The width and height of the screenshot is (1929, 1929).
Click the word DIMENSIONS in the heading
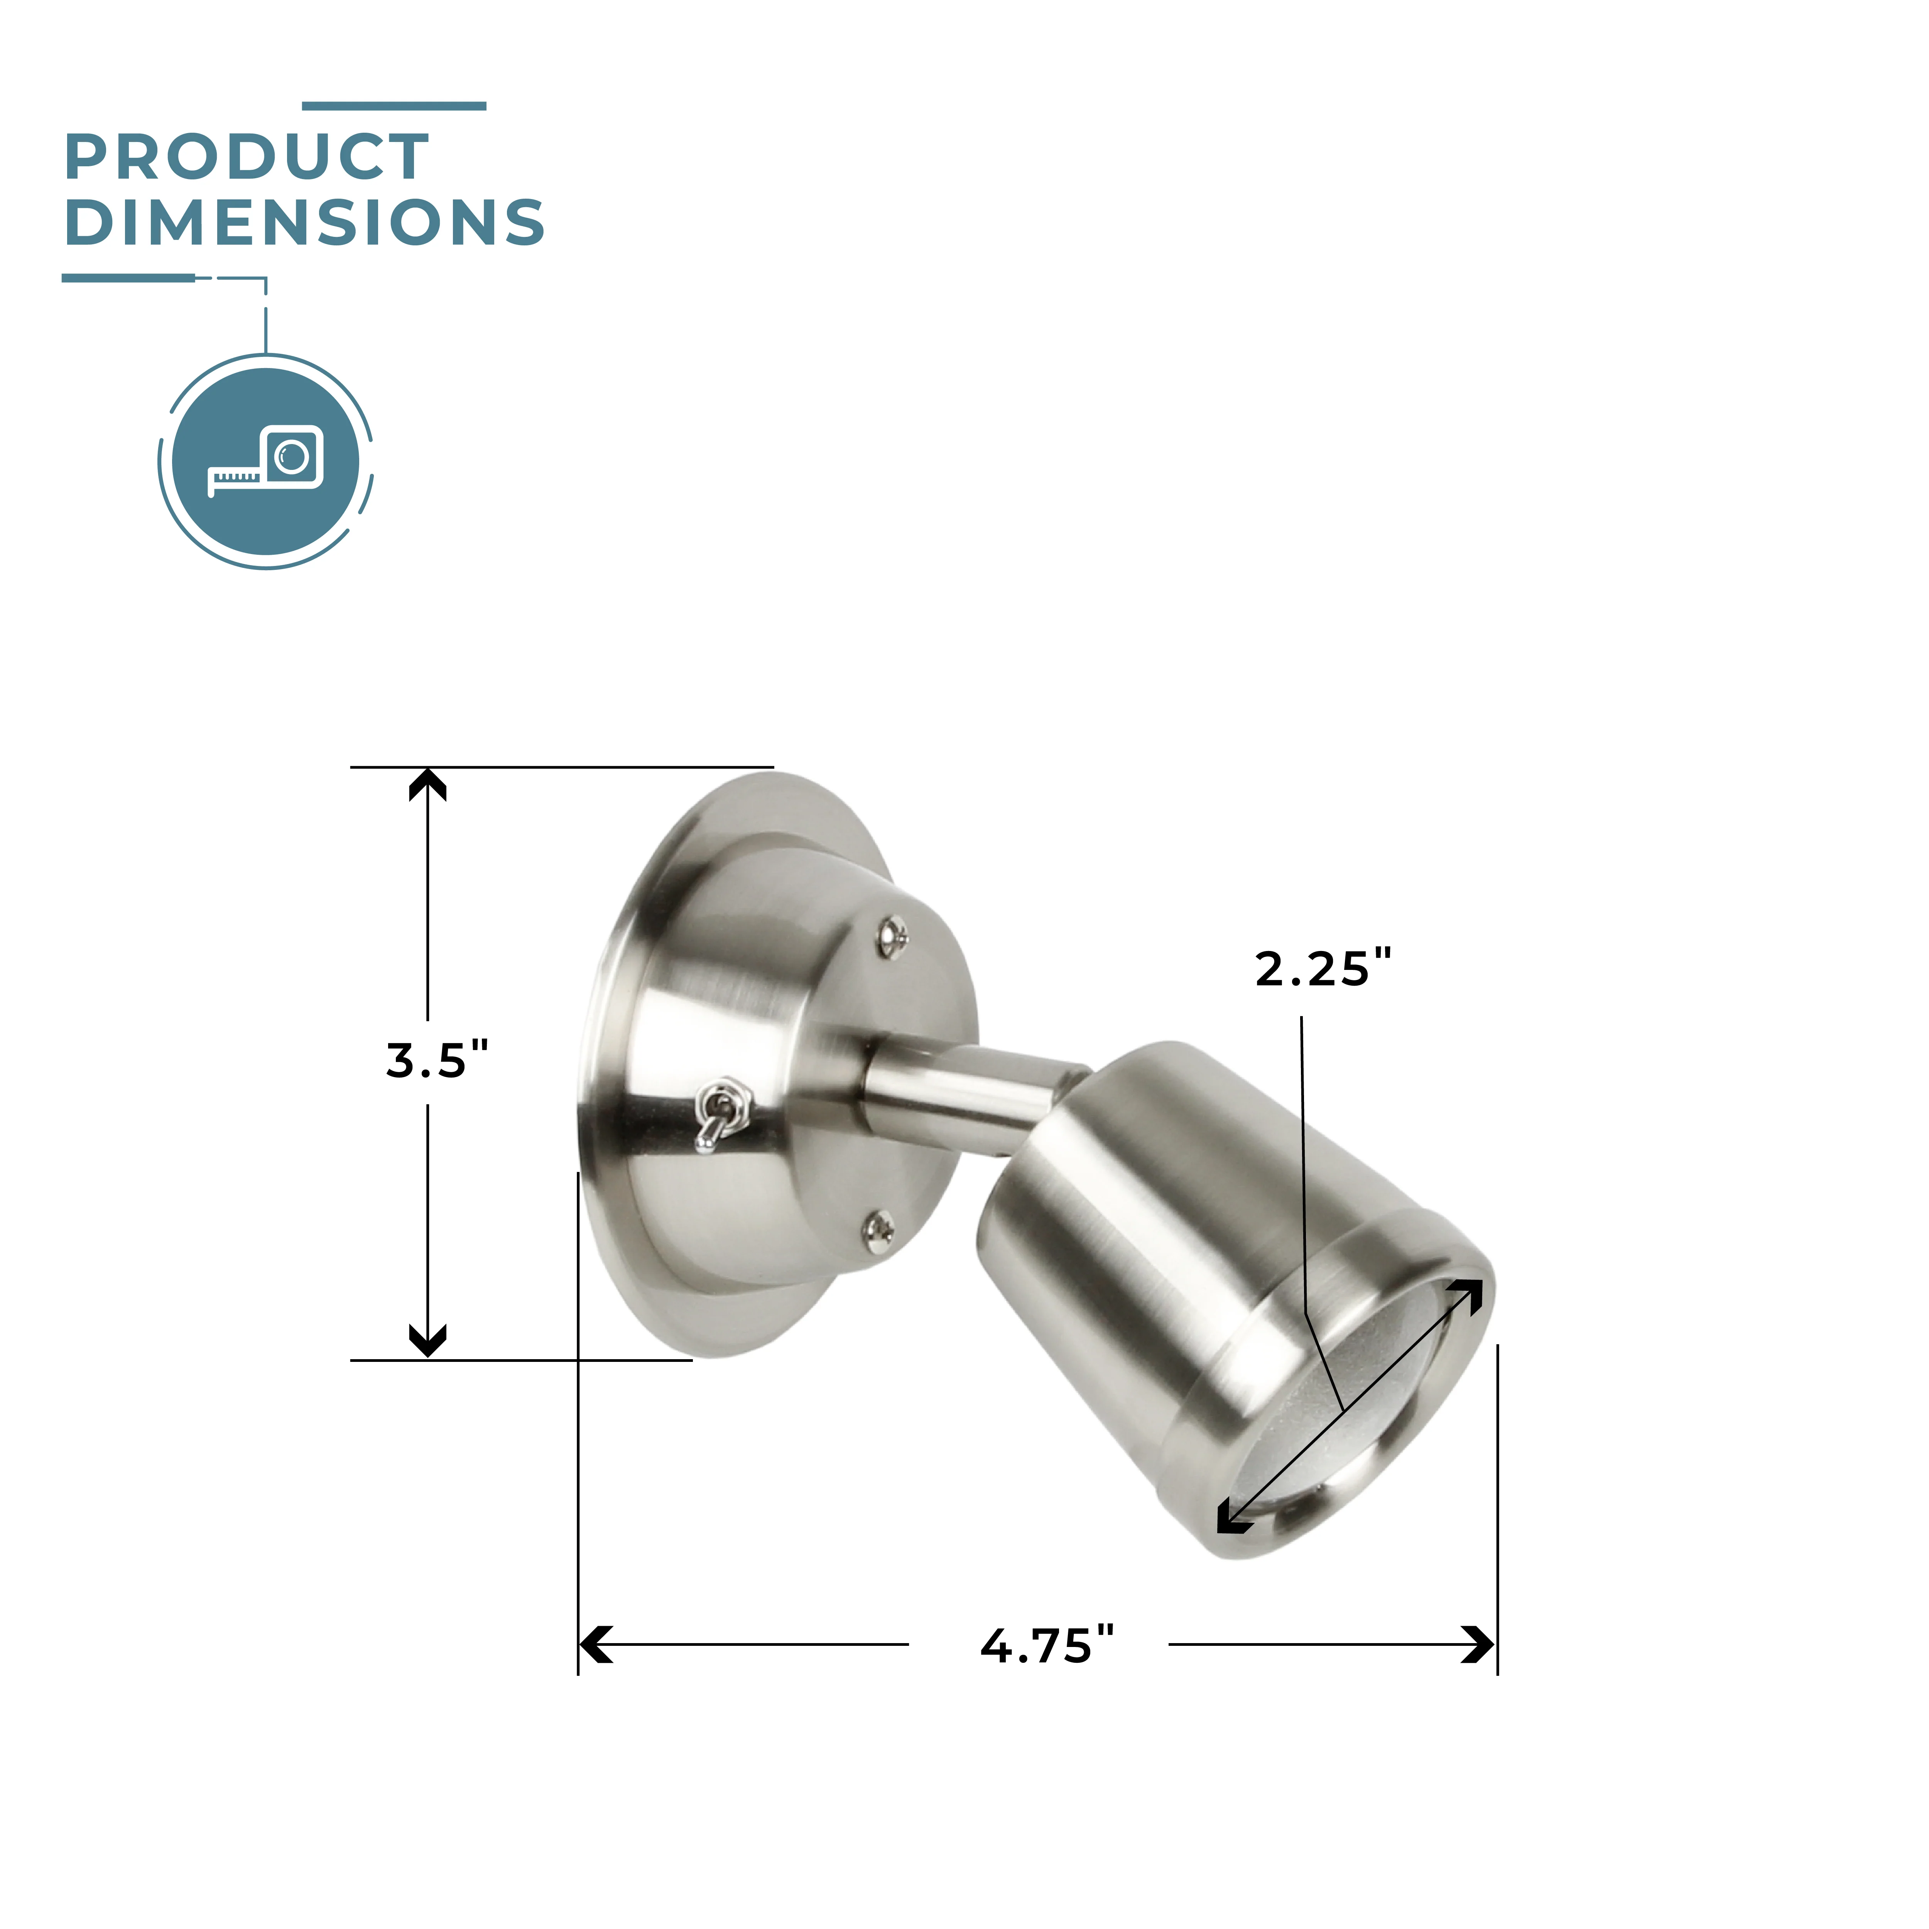pos(304,222)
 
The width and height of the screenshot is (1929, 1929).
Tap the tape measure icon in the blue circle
pos(265,460)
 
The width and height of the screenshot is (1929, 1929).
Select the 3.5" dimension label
pos(437,1060)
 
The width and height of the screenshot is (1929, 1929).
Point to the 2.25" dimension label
pos(1323,968)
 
